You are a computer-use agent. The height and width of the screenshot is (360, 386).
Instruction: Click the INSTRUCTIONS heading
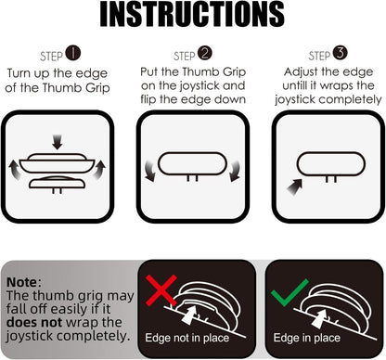pyautogui.click(x=192, y=15)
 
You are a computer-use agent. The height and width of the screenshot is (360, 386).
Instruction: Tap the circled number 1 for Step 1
pyautogui.click(x=73, y=54)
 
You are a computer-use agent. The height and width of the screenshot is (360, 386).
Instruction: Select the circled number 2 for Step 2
pyautogui.click(x=205, y=53)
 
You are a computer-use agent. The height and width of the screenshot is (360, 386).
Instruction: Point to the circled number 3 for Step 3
pyautogui.click(x=341, y=53)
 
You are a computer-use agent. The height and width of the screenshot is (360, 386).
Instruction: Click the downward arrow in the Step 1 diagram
pyautogui.click(x=58, y=142)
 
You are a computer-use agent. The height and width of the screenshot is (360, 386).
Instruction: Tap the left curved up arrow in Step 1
pyautogui.click(x=14, y=170)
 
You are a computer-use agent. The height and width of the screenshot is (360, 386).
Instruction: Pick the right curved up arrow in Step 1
pyautogui.click(x=98, y=169)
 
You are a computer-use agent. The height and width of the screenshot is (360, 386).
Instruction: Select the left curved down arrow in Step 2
pyautogui.click(x=150, y=171)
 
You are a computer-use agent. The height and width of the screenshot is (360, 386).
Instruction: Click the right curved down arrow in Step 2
pyautogui.click(x=234, y=171)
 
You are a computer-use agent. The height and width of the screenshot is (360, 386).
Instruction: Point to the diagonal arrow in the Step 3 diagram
pyautogui.click(x=294, y=186)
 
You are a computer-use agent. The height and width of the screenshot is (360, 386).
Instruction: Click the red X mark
pyautogui.click(x=161, y=290)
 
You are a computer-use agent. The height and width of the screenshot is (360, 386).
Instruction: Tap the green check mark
pyautogui.click(x=289, y=292)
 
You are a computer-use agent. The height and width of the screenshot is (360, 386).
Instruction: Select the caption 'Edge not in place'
pyautogui.click(x=187, y=338)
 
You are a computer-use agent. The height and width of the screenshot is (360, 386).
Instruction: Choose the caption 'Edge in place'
pyautogui.click(x=306, y=338)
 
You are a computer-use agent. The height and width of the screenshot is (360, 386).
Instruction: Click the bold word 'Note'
pyautogui.click(x=21, y=282)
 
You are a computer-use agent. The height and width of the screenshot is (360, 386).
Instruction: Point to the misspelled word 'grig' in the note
pyautogui.click(x=90, y=296)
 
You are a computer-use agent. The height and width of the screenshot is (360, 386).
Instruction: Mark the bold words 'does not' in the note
pyautogui.click(x=34, y=322)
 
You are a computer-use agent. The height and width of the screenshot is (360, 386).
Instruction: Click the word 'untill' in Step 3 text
pyautogui.click(x=298, y=85)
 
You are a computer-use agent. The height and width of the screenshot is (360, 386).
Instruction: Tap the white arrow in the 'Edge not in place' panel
pyautogui.click(x=189, y=315)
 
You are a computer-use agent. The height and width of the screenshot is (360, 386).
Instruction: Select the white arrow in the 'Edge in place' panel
pyautogui.click(x=319, y=317)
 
